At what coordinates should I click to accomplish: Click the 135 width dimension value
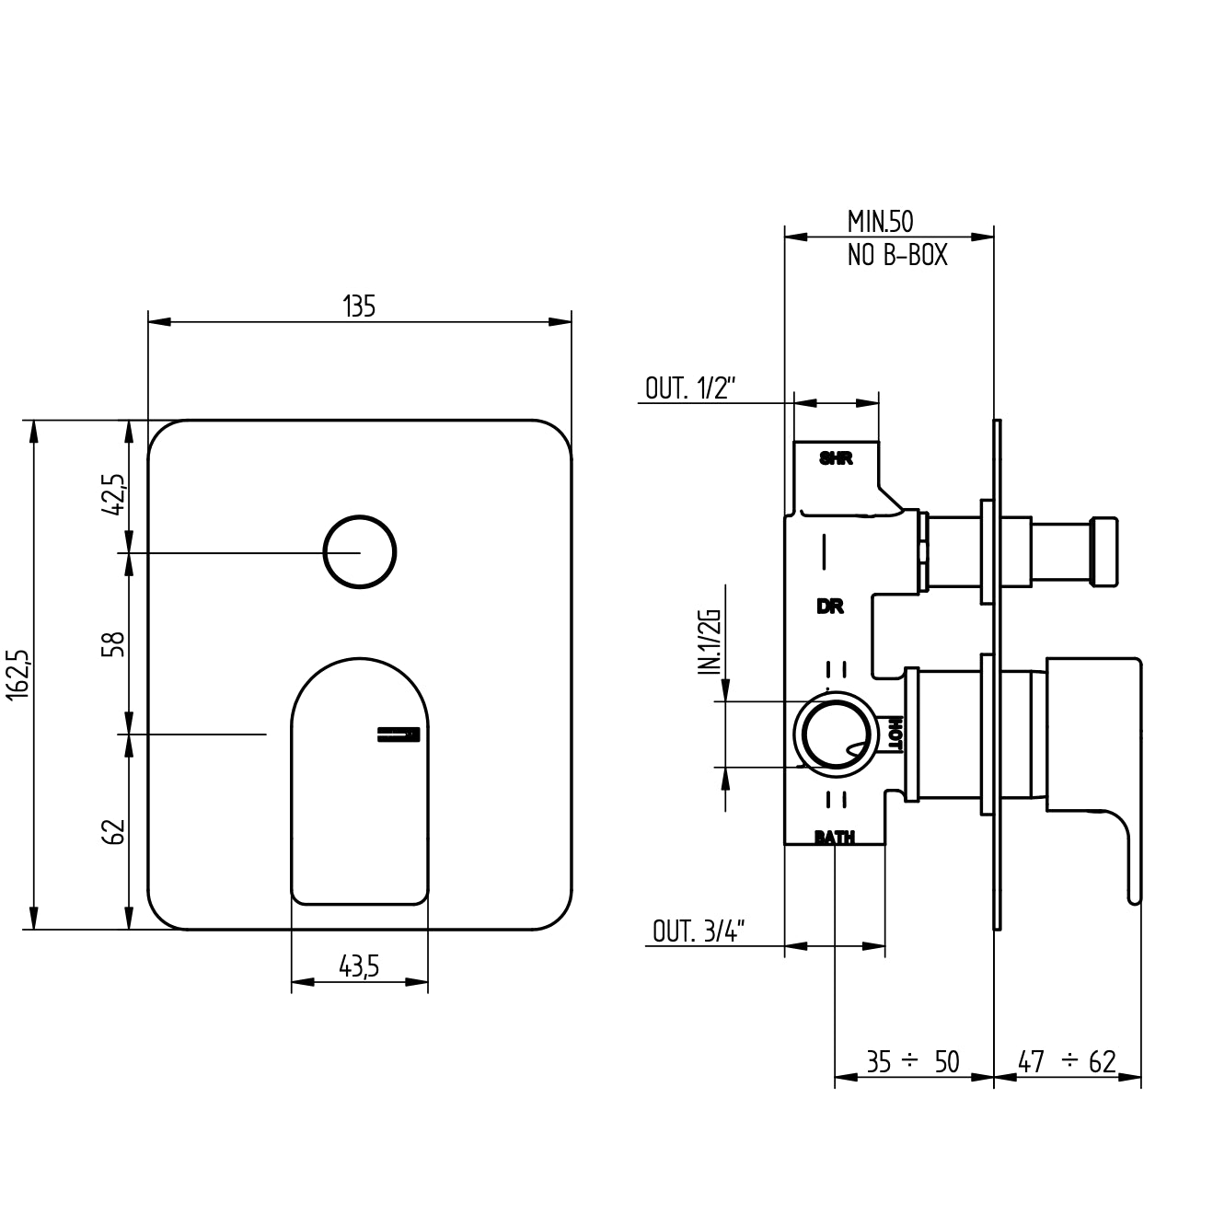359,306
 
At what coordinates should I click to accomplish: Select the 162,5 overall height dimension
17,674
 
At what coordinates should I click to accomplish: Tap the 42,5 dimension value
115,494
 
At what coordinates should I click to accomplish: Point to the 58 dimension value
115,644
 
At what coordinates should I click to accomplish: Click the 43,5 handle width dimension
359,966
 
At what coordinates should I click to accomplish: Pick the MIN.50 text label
880,222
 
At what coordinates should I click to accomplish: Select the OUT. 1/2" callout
690,388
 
